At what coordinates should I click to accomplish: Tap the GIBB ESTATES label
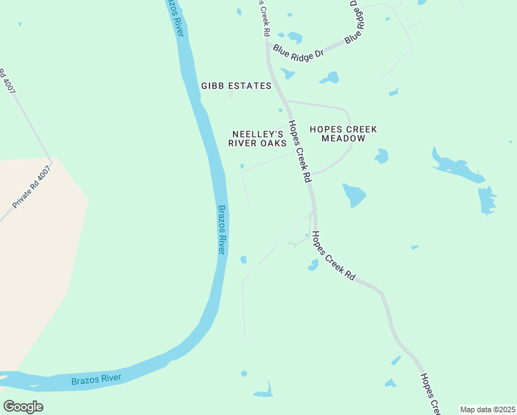236,86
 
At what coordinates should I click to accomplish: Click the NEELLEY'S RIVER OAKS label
257,138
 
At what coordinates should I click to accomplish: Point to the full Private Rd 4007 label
32,187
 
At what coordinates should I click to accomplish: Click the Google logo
23,406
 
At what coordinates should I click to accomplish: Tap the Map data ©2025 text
487,409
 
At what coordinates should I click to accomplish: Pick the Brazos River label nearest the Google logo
96,378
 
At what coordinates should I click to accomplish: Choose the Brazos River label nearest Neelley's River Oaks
222,229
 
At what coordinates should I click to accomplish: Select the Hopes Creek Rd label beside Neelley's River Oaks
299,151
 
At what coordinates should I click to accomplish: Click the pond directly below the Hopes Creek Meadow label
381,156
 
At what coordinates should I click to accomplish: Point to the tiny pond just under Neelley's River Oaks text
242,165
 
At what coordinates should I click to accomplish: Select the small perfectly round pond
243,373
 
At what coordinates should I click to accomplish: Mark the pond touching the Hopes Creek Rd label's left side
313,264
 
